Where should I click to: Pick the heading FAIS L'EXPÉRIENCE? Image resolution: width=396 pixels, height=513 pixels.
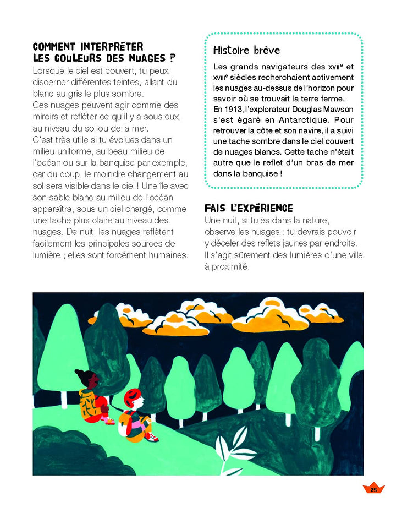pyautogui.click(x=249, y=209)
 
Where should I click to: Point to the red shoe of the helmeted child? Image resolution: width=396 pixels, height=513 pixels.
pyautogui.click(x=153, y=439)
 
